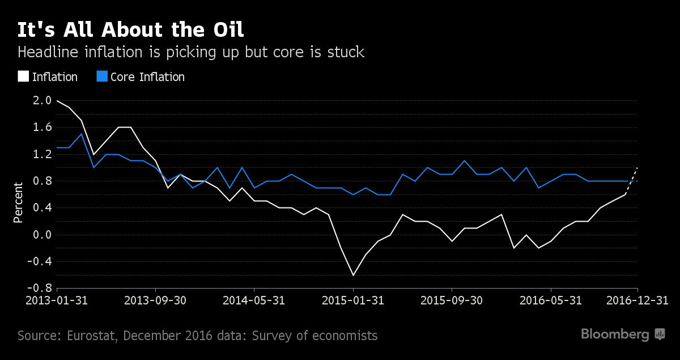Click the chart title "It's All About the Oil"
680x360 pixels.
pyautogui.click(x=131, y=30)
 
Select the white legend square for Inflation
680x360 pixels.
pyautogui.click(x=23, y=77)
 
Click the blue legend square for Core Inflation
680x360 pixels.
pyautogui.click(x=101, y=77)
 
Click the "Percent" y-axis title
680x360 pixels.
pyautogui.click(x=18, y=202)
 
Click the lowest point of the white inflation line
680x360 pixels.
pyautogui.click(x=353, y=275)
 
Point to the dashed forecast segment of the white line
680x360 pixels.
pyautogui.click(x=632, y=181)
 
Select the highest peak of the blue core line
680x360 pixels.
pyautogui.click(x=82, y=134)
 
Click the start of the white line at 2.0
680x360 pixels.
pyautogui.click(x=57, y=101)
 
